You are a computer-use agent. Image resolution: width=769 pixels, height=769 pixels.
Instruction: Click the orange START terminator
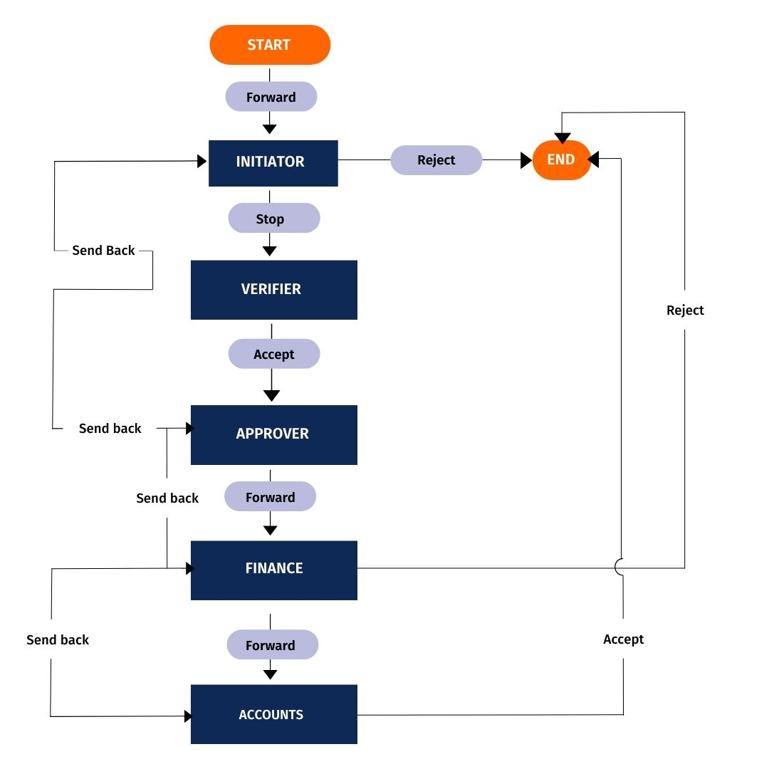tap(270, 45)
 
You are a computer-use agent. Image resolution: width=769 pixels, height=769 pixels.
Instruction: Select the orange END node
tap(561, 159)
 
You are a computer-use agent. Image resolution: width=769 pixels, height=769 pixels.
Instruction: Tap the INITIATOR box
tap(273, 162)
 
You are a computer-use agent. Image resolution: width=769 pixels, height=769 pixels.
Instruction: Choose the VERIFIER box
tap(273, 289)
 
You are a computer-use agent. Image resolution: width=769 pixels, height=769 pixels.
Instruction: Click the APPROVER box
tap(273, 434)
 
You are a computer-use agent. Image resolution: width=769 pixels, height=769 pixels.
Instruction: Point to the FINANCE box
tap(273, 569)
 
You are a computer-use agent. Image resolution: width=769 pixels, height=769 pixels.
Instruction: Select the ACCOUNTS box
tap(273, 714)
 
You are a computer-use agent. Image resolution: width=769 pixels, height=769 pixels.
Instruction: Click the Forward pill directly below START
tap(271, 97)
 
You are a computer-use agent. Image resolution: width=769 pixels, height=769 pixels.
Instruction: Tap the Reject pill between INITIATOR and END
tap(436, 160)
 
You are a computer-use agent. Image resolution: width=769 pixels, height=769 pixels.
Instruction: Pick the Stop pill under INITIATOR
tap(273, 219)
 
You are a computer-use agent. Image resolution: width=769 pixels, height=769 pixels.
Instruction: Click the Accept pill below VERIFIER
tap(273, 354)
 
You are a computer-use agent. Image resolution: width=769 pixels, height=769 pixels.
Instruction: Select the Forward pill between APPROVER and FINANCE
tap(270, 497)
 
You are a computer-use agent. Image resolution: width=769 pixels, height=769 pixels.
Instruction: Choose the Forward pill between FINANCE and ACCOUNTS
tap(272, 645)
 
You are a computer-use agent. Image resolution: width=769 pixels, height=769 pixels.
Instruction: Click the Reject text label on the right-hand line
tap(685, 310)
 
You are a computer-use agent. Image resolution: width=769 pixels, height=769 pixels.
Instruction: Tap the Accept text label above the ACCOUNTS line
tap(623, 639)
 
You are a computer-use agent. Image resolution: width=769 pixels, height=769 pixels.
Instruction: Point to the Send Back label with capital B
tap(103, 251)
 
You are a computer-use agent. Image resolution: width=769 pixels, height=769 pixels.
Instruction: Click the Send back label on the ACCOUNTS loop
tap(58, 639)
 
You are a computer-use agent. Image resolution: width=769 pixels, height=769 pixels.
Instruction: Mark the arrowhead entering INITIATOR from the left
tap(202, 162)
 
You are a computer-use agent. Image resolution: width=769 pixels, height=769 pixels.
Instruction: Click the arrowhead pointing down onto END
tap(563, 138)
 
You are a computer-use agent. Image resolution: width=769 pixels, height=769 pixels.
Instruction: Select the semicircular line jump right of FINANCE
tap(620, 567)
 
